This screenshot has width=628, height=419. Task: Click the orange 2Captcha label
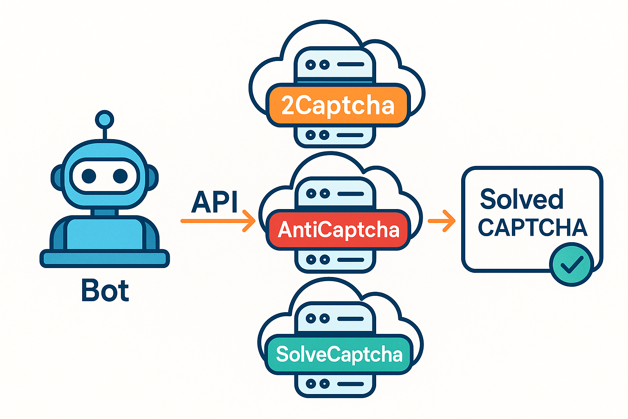coord(338,105)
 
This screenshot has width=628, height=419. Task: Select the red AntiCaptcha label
coord(338,230)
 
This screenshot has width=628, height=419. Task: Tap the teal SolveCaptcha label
coord(339,354)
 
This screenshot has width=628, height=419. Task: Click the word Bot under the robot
coord(105,291)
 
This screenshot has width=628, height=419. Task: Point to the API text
coord(214,202)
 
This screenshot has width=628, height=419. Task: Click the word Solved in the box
coord(521,199)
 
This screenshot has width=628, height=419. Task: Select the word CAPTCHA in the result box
coord(532,228)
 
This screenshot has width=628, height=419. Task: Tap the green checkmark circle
coord(571,264)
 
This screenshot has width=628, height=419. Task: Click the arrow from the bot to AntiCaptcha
coord(218,221)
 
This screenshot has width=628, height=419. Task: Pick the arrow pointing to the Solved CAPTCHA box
coord(442,221)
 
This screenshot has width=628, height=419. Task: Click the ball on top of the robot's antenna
coord(104,119)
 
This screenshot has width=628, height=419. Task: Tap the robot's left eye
coord(89,176)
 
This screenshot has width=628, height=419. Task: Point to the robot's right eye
coord(120,176)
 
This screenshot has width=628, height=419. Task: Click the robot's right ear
coord(153,178)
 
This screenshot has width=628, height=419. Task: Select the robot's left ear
coord(56,178)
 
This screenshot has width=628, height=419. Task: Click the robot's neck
coord(105,212)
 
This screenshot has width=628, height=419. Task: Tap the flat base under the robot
coord(104,259)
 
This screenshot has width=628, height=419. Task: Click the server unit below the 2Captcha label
coord(335,136)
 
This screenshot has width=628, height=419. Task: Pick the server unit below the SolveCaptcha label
coord(335,384)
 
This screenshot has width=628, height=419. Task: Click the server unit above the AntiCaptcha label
coord(335,193)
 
